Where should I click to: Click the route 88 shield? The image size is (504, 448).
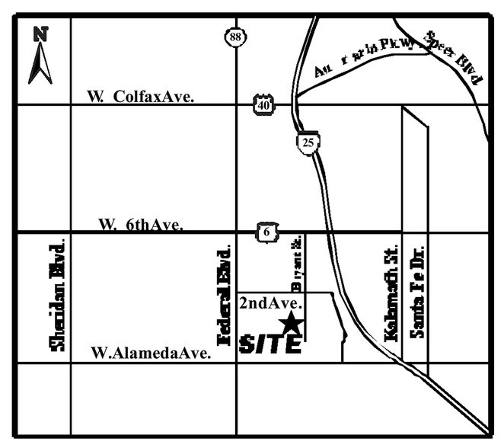[234, 36]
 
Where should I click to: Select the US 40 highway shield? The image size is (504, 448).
[263, 104]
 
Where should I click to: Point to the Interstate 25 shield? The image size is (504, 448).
[307, 142]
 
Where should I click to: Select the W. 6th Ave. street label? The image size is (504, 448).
[141, 225]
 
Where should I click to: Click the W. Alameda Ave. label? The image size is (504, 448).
[150, 353]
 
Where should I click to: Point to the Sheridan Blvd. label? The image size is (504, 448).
[56, 293]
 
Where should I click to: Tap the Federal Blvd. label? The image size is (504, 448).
[224, 296]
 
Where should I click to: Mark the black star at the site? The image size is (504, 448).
[291, 325]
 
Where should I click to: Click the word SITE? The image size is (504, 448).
[270, 344]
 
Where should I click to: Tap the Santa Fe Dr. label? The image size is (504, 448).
[416, 291]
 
